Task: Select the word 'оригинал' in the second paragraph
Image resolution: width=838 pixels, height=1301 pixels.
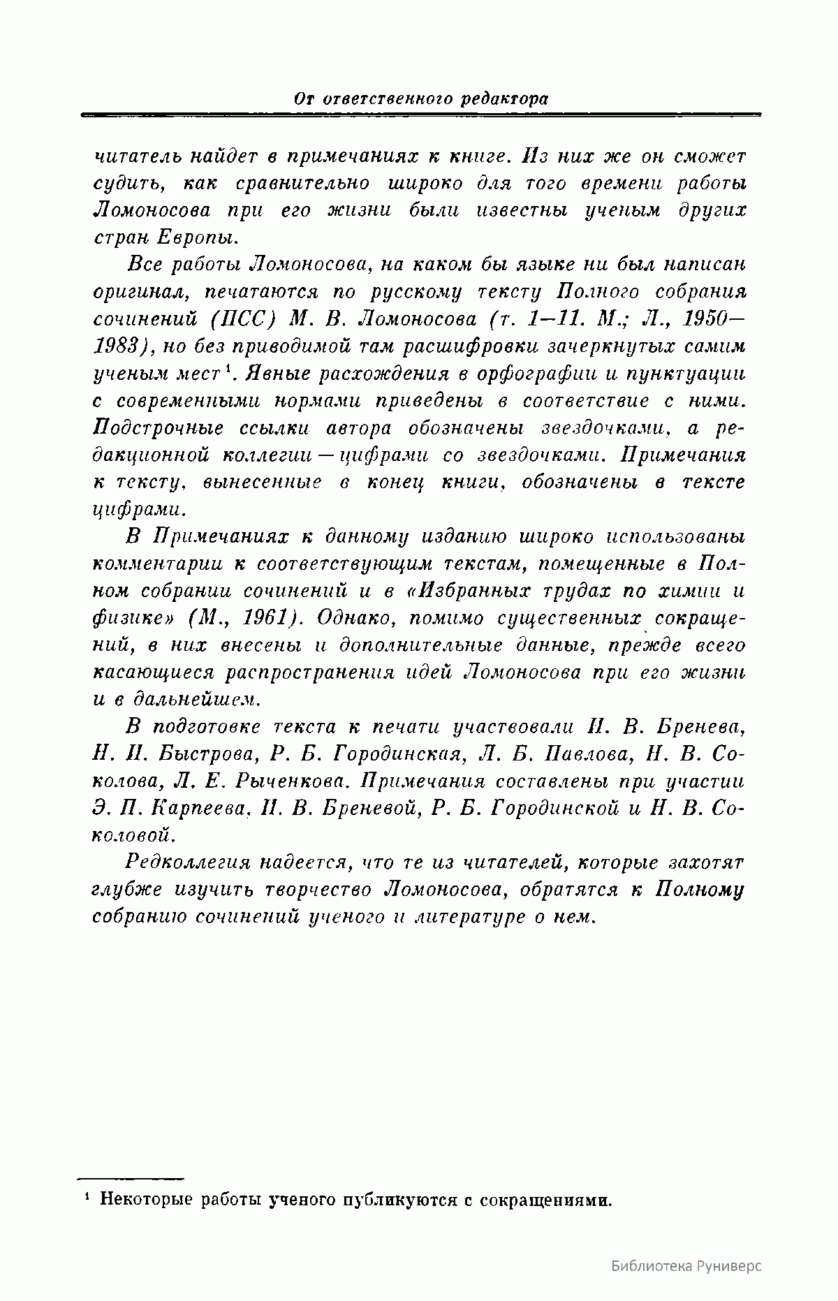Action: tap(133, 293)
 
